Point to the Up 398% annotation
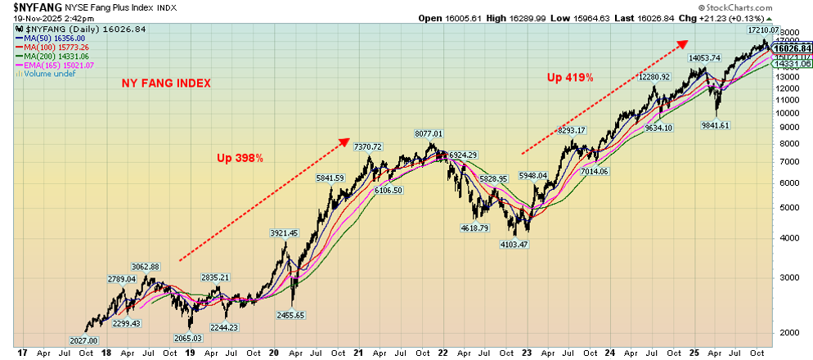(x=240, y=158)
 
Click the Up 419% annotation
(x=569, y=78)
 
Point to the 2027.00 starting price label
(x=83, y=340)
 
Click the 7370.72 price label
(x=367, y=147)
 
